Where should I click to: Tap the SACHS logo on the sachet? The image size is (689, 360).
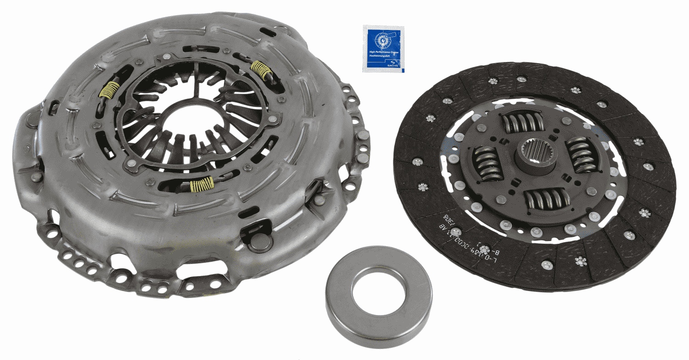tap(395, 68)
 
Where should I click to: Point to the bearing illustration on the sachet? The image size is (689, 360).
tap(381, 41)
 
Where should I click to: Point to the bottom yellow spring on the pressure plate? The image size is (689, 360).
tap(202, 184)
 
